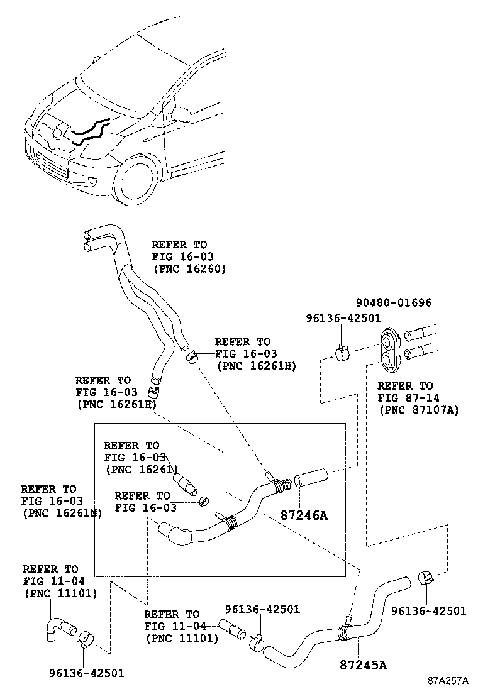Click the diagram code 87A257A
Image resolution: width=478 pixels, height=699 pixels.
448,681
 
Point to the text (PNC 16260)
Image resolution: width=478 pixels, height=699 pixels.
189,268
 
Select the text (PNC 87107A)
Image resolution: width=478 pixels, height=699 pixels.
418,410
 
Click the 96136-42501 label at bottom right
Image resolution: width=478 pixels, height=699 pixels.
428,610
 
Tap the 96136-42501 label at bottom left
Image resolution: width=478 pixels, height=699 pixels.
87,673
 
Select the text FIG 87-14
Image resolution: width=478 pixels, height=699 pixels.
408,398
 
